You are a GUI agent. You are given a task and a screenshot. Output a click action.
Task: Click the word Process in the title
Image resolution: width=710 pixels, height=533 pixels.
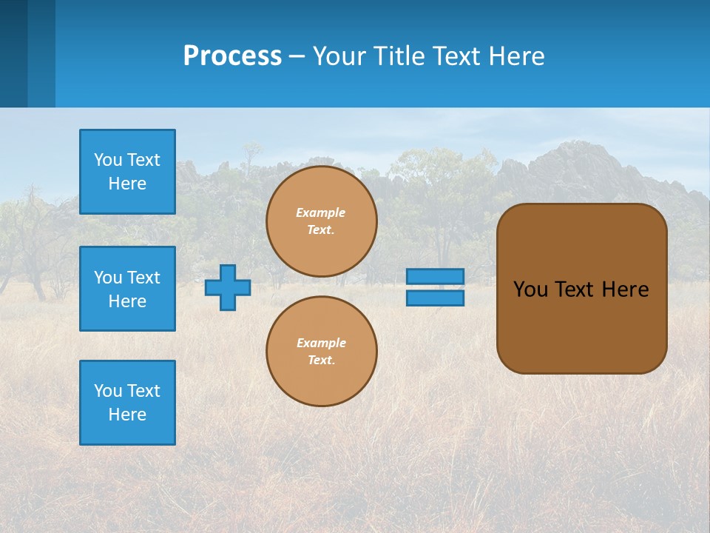(x=232, y=56)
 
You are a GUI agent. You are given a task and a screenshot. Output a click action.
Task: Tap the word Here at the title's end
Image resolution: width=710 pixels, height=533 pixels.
(x=516, y=56)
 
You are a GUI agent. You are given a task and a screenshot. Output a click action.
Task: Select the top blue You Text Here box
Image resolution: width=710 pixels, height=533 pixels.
(x=127, y=172)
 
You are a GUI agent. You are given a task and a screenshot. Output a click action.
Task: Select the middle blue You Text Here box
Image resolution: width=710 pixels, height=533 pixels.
(x=127, y=289)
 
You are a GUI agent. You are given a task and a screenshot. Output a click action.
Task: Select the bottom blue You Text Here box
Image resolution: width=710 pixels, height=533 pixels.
(x=127, y=403)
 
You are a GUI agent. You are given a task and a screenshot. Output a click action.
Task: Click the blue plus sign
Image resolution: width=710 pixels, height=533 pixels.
(x=228, y=287)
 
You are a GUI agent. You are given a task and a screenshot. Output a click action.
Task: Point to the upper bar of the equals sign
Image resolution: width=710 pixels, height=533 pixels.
(x=435, y=276)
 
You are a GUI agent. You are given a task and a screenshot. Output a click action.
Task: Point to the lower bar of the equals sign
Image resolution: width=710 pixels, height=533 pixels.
(x=435, y=298)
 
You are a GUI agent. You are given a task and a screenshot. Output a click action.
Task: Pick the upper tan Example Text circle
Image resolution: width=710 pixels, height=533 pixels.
(x=322, y=221)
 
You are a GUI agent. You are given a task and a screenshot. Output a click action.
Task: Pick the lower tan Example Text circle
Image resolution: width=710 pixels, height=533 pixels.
(x=322, y=351)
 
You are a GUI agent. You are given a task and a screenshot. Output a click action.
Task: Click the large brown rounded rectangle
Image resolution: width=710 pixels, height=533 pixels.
(x=582, y=326)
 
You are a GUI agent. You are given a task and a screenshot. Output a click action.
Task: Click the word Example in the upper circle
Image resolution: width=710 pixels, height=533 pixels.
(x=321, y=212)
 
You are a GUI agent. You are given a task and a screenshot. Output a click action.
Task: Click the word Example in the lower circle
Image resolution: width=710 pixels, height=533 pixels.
(x=321, y=343)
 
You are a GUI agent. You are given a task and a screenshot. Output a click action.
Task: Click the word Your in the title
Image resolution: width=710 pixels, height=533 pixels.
(x=336, y=56)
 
